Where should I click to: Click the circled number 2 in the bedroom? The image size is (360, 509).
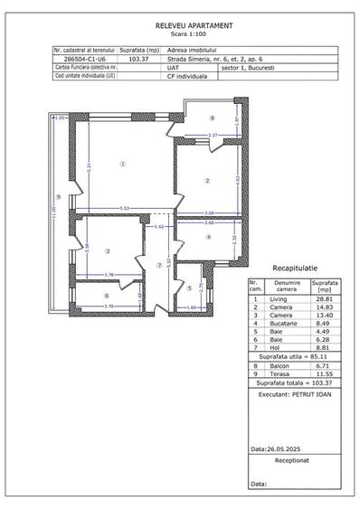(207, 180)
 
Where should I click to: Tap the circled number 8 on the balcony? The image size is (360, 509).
(213, 118)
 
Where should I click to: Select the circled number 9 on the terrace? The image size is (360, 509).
(58, 197)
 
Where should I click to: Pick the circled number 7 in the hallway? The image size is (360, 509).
(158, 266)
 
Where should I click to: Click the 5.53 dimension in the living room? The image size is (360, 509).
(124, 209)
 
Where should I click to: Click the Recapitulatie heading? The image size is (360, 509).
(295, 269)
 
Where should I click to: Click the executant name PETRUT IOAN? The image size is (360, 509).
(310, 395)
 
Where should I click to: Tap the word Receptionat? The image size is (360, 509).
(295, 460)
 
